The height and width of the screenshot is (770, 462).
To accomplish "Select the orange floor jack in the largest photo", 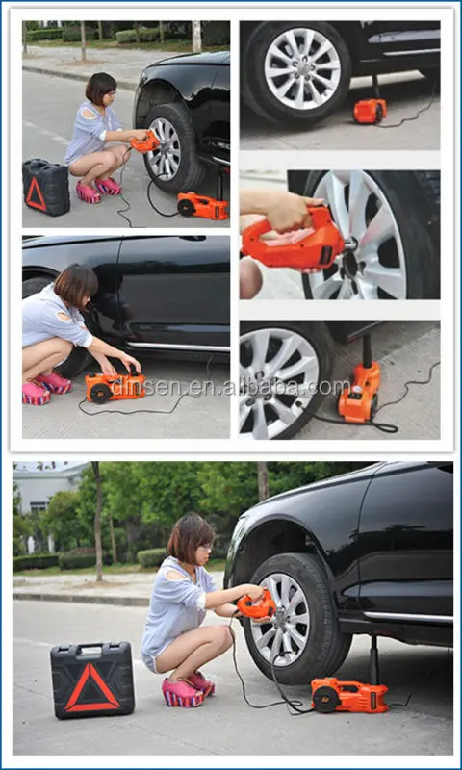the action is click(x=349, y=695).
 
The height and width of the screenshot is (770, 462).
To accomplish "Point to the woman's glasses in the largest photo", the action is click(x=205, y=547).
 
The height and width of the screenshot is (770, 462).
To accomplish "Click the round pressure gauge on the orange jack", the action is click(x=357, y=389).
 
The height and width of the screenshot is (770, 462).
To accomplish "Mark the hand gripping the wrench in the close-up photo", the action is click(x=284, y=211).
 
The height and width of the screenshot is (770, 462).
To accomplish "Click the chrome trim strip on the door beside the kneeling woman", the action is click(x=178, y=346).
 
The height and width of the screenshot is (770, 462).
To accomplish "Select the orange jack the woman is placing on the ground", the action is click(x=115, y=386).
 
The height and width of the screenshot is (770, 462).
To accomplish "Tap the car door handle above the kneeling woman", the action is click(x=192, y=238).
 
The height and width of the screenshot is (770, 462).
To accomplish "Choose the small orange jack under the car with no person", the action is click(x=370, y=111).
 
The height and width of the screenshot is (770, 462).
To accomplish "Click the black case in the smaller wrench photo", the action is click(x=46, y=188).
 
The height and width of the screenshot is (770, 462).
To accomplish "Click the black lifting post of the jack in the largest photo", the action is click(x=374, y=659).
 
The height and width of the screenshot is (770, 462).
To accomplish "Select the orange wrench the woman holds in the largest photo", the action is click(x=256, y=606).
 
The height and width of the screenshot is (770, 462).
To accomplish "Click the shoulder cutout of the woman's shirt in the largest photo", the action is click(x=173, y=575).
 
